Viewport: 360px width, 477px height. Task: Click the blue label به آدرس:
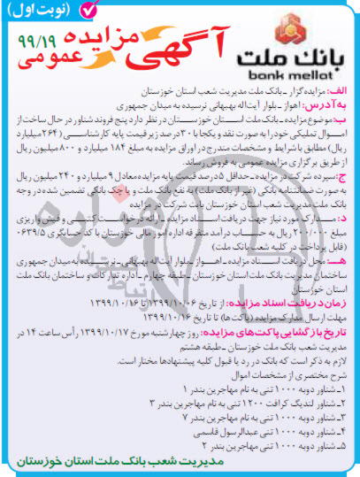tap(329, 104)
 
